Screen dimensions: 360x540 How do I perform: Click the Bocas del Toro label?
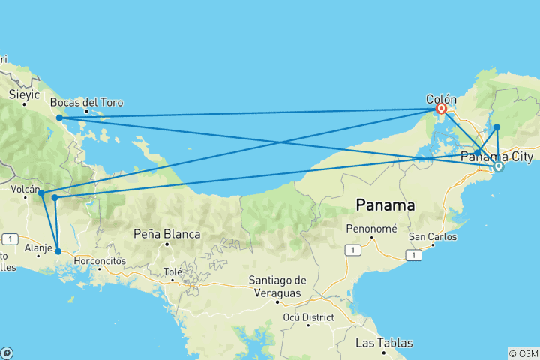click(x=86, y=102)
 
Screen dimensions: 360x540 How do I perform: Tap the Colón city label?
click(x=440, y=98)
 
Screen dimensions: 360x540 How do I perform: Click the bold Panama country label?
click(x=385, y=204)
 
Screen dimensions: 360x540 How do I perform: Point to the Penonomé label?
click(x=372, y=228)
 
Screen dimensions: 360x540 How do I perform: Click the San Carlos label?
click(x=430, y=236)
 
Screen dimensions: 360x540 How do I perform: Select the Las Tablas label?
click(x=383, y=343)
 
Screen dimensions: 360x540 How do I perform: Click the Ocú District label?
click(x=307, y=317)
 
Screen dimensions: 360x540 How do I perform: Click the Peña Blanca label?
click(x=166, y=234)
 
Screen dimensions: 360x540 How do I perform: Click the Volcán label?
click(x=25, y=190)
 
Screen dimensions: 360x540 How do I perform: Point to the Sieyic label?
click(x=24, y=94)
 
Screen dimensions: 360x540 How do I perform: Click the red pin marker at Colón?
click(x=442, y=108)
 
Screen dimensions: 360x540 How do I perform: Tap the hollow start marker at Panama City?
click(x=498, y=166)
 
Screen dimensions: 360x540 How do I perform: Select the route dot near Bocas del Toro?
click(x=59, y=118)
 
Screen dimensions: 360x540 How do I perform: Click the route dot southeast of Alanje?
click(x=58, y=251)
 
